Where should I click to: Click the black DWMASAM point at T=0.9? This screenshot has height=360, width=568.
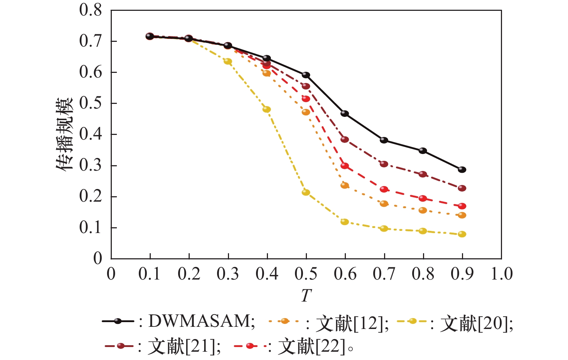[x=462, y=170]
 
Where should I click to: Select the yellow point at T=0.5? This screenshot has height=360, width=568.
[x=306, y=192]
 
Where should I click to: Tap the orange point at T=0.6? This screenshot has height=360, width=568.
[x=345, y=185]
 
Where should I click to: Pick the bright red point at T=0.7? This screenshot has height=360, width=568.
[x=384, y=189]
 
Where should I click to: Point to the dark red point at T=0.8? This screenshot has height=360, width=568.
[x=423, y=174]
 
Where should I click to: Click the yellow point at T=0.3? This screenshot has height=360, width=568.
[x=228, y=61]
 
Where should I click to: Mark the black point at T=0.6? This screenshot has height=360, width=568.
[x=345, y=114]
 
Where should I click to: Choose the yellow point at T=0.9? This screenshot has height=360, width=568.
[x=462, y=234]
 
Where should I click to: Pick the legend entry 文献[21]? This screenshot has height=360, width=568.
[x=184, y=347]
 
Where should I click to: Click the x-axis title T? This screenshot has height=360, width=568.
[x=306, y=296]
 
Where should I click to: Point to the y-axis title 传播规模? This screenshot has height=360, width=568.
[x=65, y=134]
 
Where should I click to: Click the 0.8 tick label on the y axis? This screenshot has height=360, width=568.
[x=91, y=10]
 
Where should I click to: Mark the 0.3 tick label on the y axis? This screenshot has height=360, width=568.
[x=91, y=166]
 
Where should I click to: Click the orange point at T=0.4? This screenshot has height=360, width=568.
[x=267, y=73]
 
